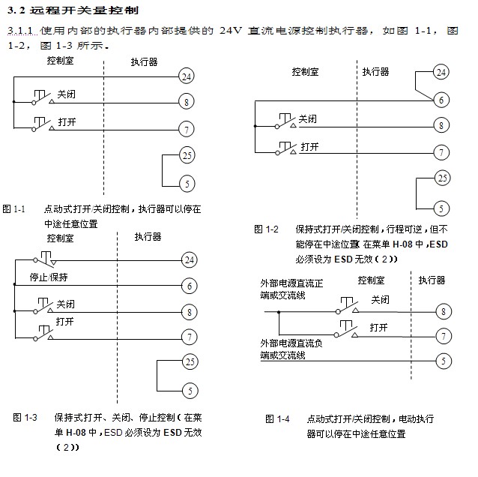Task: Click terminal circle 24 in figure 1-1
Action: tap(187, 76)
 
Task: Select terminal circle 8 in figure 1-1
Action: tap(187, 102)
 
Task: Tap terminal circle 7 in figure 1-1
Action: tap(187, 130)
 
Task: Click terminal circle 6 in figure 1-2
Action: tap(442, 99)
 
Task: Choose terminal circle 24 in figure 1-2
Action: tap(441, 72)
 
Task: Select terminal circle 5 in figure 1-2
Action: tap(442, 208)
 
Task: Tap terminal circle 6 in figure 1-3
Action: tap(190, 286)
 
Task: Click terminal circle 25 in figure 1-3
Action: tap(190, 361)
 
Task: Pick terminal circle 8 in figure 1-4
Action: tap(444, 310)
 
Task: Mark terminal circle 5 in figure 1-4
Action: tap(444, 361)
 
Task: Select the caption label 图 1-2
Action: tap(266, 229)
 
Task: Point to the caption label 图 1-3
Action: tap(25, 417)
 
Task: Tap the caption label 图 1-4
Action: tap(276, 418)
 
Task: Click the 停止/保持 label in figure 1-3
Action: tap(49, 277)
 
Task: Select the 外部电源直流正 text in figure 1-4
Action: tap(291, 283)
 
